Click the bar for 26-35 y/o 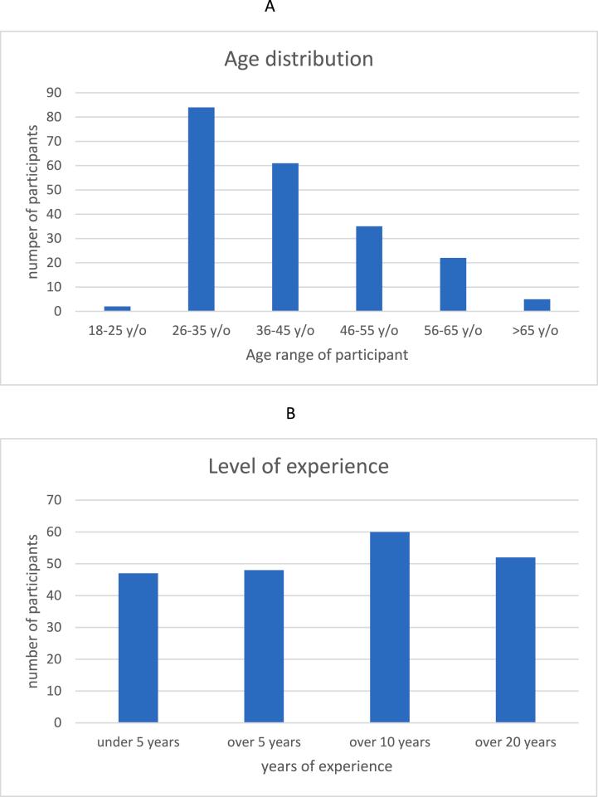coord(202,209)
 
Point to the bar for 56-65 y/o coord(453,284)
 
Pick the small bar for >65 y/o coord(537,305)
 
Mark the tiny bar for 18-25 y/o coord(118,309)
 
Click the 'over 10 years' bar coord(390,627)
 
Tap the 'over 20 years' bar coord(515,639)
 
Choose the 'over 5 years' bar coord(264,646)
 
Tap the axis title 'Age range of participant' coord(327,356)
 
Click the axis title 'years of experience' coord(327,766)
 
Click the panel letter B coord(289,413)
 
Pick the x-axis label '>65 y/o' coord(537,330)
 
